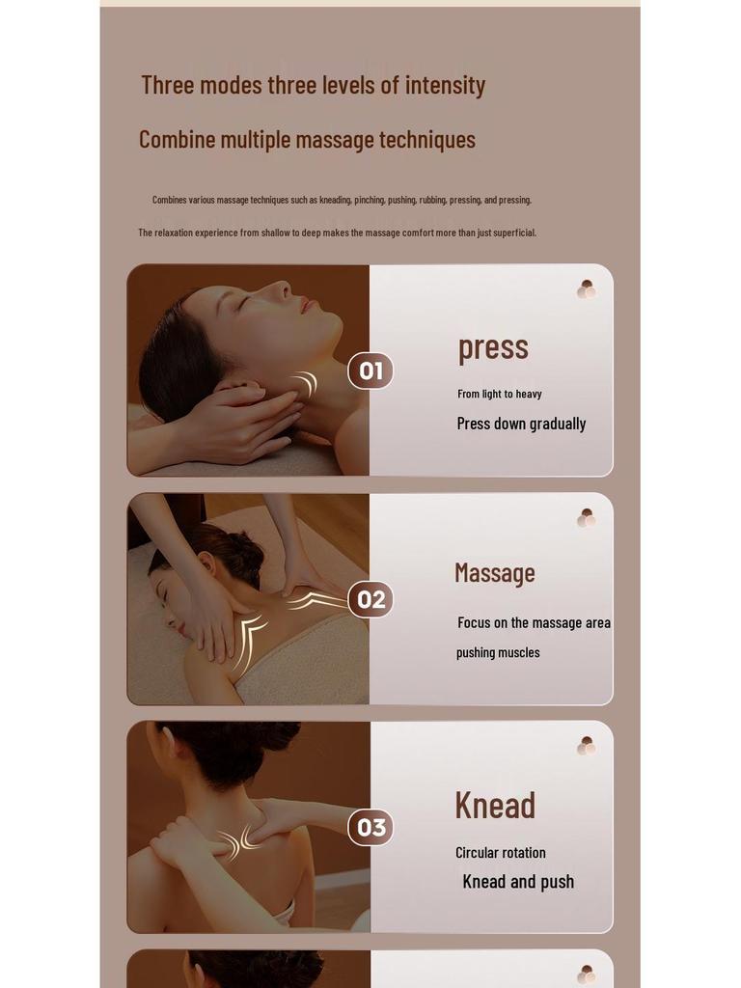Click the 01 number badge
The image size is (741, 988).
coord(370,370)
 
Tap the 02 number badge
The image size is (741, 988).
coord(370,599)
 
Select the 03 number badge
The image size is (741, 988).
coord(370,827)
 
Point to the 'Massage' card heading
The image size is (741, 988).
coord(494,573)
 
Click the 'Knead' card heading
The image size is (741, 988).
coord(495,805)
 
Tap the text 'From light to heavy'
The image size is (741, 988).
coord(500,394)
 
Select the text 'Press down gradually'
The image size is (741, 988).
coord(521,424)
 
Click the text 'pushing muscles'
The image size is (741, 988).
coord(498,653)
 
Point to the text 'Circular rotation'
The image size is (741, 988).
coord(501,853)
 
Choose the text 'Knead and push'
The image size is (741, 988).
coord(518,882)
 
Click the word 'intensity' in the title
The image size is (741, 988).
coord(445,85)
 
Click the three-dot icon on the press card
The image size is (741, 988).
coord(586,289)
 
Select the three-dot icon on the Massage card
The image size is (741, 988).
coord(586,518)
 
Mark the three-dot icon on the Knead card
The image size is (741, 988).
coord(586,746)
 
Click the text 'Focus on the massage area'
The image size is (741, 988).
coord(534,623)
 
